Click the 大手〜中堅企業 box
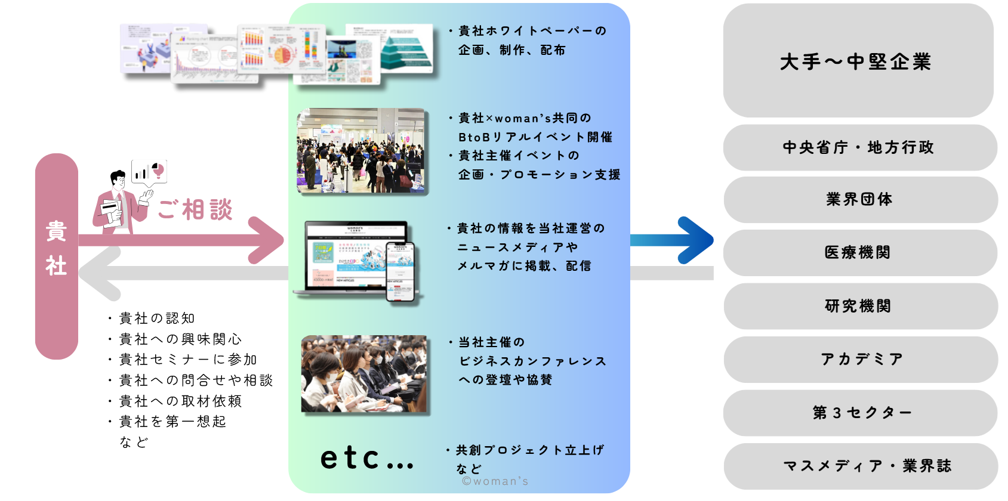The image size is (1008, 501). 858,61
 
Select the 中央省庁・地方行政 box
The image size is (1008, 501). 859,147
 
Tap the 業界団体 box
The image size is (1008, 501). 859,199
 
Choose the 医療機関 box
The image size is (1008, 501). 859,252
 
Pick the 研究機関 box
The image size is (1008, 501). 859,306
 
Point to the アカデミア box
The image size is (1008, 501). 859,359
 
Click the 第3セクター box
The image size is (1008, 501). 859,413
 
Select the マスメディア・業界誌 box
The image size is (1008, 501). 859,466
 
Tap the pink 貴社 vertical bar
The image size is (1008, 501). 57,256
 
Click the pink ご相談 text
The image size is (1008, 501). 195,210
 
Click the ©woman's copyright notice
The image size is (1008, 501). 495,481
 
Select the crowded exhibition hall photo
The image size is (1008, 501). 362,150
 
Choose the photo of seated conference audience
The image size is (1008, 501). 365,374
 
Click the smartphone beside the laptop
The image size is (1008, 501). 400,271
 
